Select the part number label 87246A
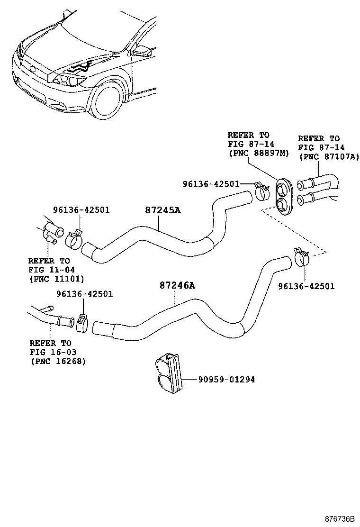point(177,285)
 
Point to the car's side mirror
point(143,49)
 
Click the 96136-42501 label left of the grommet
point(211,183)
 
